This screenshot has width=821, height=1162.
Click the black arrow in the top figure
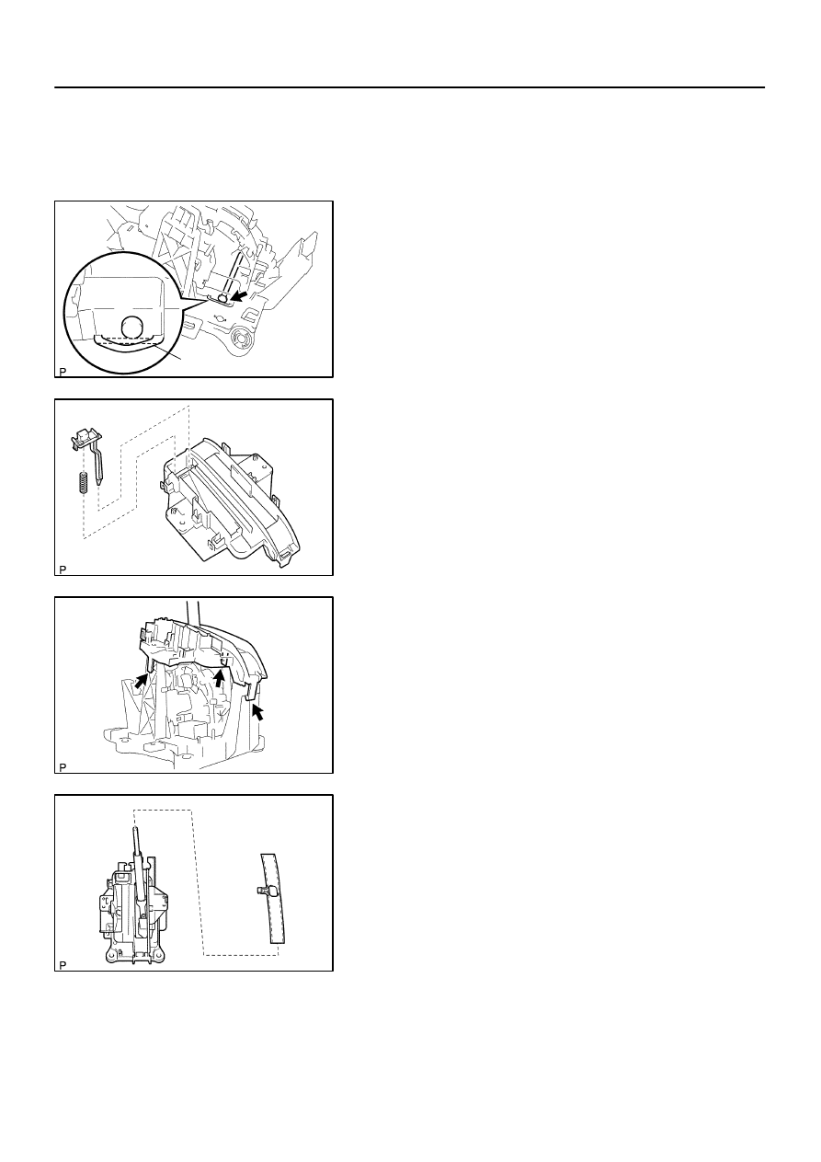click(x=239, y=295)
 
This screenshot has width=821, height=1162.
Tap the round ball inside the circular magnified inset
click(x=134, y=327)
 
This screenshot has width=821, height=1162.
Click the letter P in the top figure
click(x=63, y=372)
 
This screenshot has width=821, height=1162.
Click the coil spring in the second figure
click(x=83, y=482)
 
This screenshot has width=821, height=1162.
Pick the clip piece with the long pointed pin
click(x=88, y=453)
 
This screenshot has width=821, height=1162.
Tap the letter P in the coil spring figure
click(x=63, y=569)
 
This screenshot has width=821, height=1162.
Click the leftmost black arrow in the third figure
click(x=141, y=680)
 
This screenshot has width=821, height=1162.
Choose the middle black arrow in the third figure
click(x=221, y=677)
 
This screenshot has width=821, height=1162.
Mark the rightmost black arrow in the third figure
click(x=257, y=711)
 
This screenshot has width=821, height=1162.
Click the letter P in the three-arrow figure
click(x=63, y=767)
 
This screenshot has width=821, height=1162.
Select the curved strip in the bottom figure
click(x=273, y=898)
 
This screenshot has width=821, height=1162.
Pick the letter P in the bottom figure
click(x=63, y=965)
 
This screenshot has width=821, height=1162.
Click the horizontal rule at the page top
click(x=409, y=87)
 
